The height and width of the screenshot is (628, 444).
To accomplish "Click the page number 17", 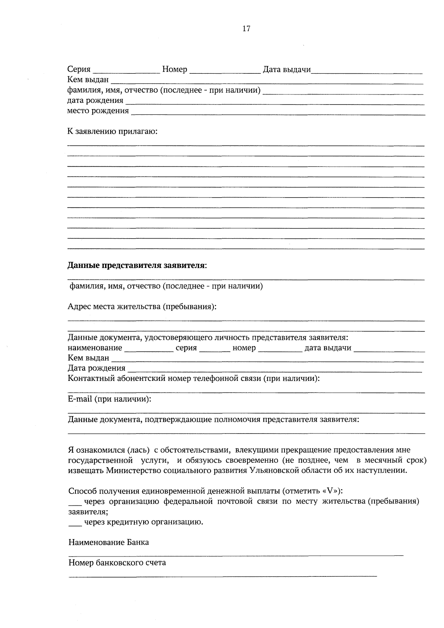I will coord(246,29).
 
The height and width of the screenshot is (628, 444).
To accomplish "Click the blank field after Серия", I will coord(126,70).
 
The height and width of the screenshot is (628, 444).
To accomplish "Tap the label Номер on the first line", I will coord(175,69).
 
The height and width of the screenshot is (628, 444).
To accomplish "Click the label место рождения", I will coord(98,111).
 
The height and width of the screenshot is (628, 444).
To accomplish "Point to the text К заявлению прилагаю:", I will coord(112,132).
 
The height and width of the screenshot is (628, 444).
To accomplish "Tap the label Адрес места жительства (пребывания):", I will coord(142,307).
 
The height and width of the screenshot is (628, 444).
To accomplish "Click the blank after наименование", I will coord(149,349).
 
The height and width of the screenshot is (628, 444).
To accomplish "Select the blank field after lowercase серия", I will coord(215,349).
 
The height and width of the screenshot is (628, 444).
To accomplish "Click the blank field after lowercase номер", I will coord(280,349).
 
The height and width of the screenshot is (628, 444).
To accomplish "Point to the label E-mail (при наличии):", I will coord(110,399).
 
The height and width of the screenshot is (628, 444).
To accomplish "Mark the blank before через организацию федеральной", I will coord(75,503).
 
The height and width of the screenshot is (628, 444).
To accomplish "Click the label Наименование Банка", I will coord(109,542).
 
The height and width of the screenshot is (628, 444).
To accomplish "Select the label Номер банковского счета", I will coord(117,563).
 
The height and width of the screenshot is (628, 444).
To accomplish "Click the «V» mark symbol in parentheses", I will coord(330,491).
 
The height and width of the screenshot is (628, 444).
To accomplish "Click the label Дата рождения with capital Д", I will coord(96,368).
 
